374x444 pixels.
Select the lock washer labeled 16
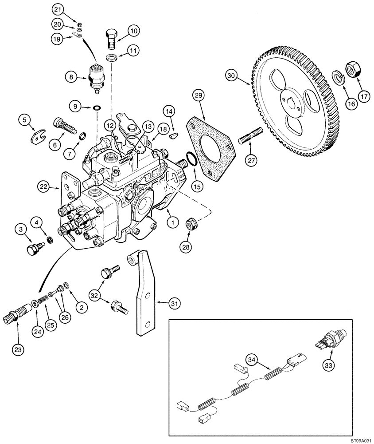click(339, 78)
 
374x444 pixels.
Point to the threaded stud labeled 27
click(252, 135)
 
